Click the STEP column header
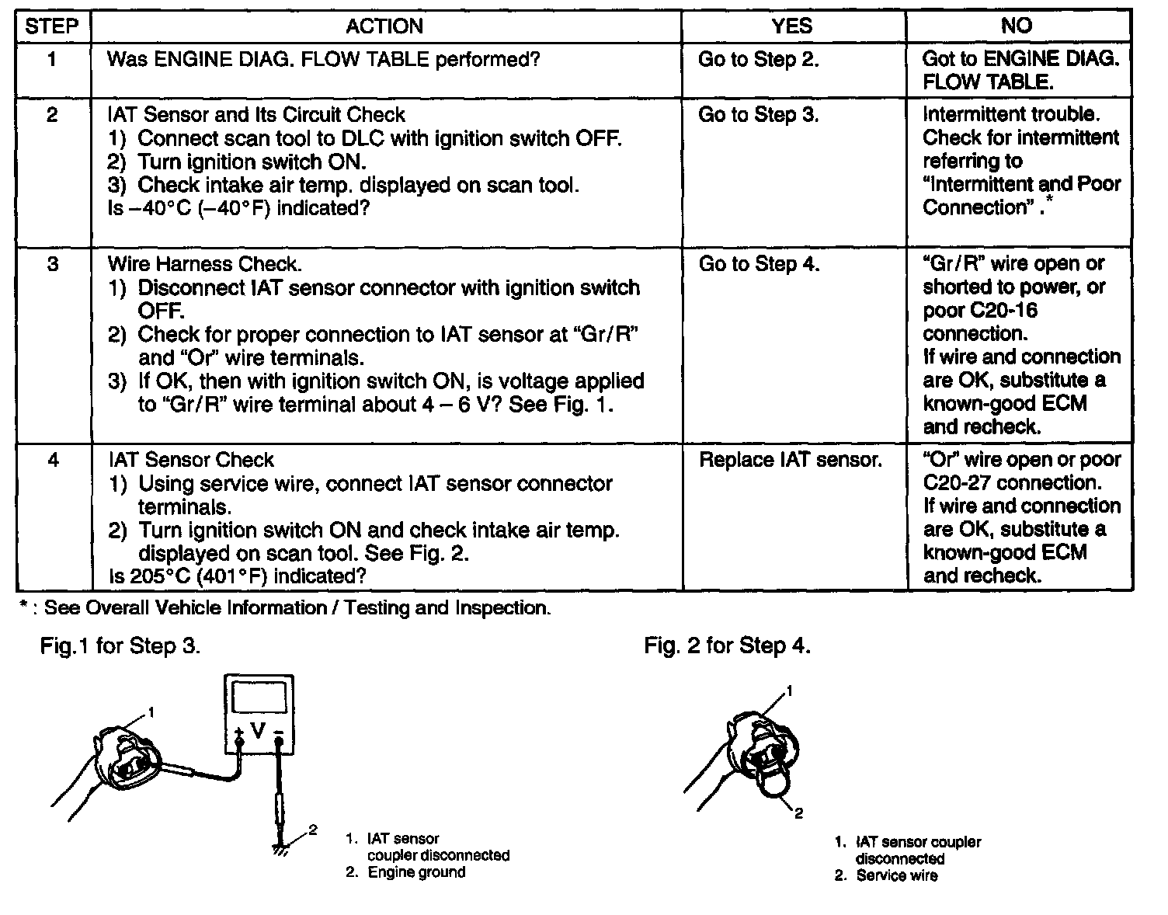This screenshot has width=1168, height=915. pyautogui.click(x=52, y=26)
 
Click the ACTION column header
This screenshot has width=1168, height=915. pyautogui.click(x=384, y=26)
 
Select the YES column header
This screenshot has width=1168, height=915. pyautogui.click(x=792, y=26)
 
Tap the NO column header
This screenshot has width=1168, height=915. pyautogui.click(x=1017, y=26)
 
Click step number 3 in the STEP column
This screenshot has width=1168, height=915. pyautogui.click(x=52, y=265)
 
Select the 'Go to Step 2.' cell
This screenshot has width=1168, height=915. pyautogui.click(x=758, y=60)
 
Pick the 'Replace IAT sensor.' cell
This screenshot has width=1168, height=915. pyautogui.click(x=791, y=461)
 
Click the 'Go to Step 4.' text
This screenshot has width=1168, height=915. pyautogui.click(x=759, y=265)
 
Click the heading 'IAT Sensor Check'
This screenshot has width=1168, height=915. pyautogui.click(x=191, y=461)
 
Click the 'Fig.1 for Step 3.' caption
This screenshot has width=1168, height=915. pyautogui.click(x=120, y=646)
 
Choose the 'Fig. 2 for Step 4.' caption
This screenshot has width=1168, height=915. pyautogui.click(x=727, y=646)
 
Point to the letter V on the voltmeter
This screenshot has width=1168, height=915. pyautogui.click(x=258, y=731)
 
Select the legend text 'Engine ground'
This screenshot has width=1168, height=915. pyautogui.click(x=416, y=872)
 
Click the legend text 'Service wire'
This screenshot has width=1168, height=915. pyautogui.click(x=896, y=876)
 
